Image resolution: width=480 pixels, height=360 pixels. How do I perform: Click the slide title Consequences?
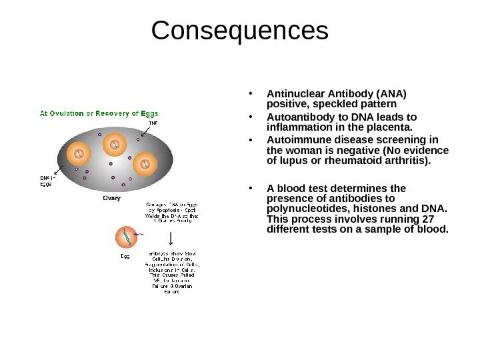[x=240, y=30]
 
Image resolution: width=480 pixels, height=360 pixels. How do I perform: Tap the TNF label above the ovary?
[x=153, y=123]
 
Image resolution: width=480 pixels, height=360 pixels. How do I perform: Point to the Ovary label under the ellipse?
[x=111, y=197]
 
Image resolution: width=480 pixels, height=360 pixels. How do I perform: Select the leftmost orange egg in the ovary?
[x=79, y=154]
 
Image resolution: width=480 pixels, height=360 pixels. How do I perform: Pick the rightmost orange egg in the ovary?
[x=144, y=162]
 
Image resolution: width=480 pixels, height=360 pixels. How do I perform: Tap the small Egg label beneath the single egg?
[x=125, y=255]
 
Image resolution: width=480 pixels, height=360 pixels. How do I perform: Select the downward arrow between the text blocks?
[x=173, y=238]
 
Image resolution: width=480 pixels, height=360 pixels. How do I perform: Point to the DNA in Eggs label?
[x=45, y=181]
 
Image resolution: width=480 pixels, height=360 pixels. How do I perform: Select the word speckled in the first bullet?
[x=334, y=105]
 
